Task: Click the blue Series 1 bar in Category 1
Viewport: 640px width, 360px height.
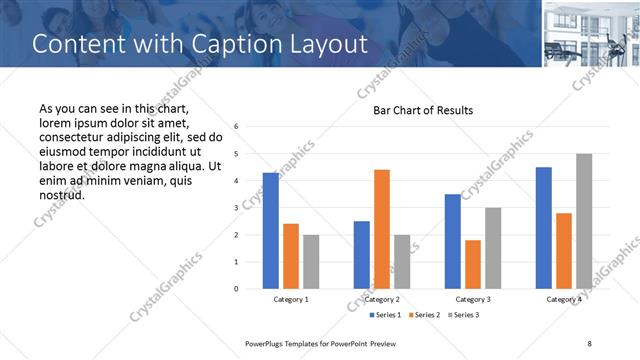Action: coord(270,231)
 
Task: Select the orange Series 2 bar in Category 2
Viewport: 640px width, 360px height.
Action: coord(382,229)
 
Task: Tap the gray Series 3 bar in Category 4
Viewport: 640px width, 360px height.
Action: coord(584,221)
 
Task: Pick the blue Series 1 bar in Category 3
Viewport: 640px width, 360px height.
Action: coord(453,241)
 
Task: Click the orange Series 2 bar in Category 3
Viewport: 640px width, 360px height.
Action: coord(473,264)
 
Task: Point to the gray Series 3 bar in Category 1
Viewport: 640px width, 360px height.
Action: coord(311,262)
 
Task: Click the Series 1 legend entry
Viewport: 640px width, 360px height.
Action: coord(385,315)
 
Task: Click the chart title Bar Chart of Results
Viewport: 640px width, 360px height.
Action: coord(423,110)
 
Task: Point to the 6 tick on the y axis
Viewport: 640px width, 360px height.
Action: coord(235,127)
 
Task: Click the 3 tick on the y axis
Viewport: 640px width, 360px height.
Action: coord(235,208)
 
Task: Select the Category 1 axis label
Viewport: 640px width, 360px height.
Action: coord(291,299)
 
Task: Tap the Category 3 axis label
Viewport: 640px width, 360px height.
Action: coord(473,299)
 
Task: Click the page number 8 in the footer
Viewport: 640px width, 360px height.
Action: coord(589,343)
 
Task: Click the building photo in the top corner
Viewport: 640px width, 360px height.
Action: coord(591,34)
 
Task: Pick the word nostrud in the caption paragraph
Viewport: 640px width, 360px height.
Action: coord(63,194)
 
